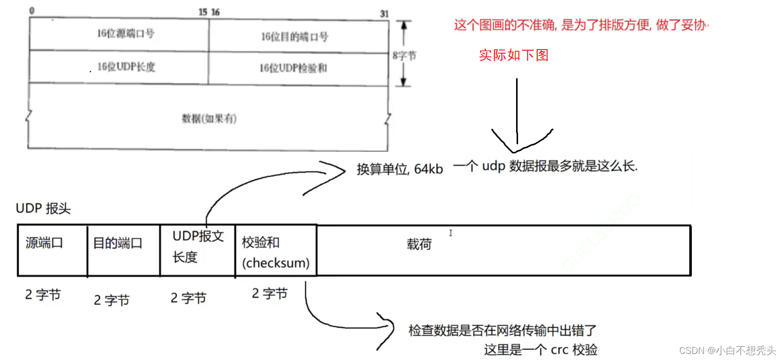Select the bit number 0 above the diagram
32,11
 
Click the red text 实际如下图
514,55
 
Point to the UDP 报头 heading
44,209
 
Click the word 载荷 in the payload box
419,245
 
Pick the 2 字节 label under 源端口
43,295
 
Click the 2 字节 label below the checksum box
269,293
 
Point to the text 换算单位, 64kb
400,170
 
